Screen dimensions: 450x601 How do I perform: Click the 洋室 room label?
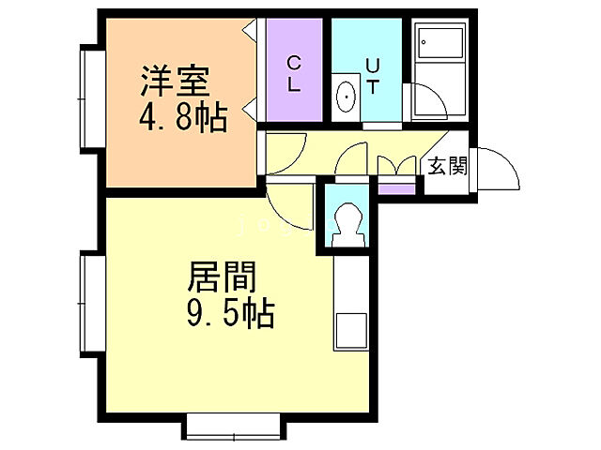[175, 82]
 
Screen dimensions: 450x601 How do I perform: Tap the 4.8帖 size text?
[183, 119]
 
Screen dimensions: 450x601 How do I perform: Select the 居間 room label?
[223, 277]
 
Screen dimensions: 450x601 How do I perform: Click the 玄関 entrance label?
[447, 167]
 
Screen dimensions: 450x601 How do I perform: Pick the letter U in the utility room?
[372, 65]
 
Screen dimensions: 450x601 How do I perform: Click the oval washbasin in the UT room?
[346, 97]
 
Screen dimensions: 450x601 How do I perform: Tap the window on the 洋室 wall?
[90, 97]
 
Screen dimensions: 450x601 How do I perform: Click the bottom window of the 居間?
[233, 427]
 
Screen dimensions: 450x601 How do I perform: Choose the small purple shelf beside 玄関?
[397, 187]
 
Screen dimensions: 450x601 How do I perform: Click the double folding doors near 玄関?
[396, 166]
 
